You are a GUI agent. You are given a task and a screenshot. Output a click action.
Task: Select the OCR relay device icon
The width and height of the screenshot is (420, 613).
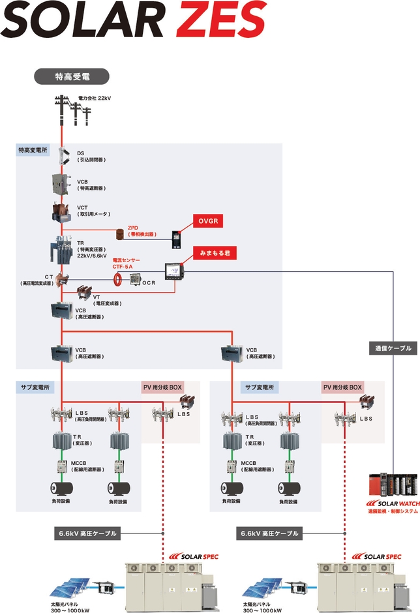[134, 279]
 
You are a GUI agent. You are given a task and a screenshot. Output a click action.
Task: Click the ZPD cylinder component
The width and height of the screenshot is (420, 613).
[119, 233]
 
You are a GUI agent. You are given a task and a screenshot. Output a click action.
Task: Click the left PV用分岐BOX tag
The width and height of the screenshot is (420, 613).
[162, 387]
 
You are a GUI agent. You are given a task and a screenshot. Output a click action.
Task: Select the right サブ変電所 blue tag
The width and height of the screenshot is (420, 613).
[260, 387]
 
